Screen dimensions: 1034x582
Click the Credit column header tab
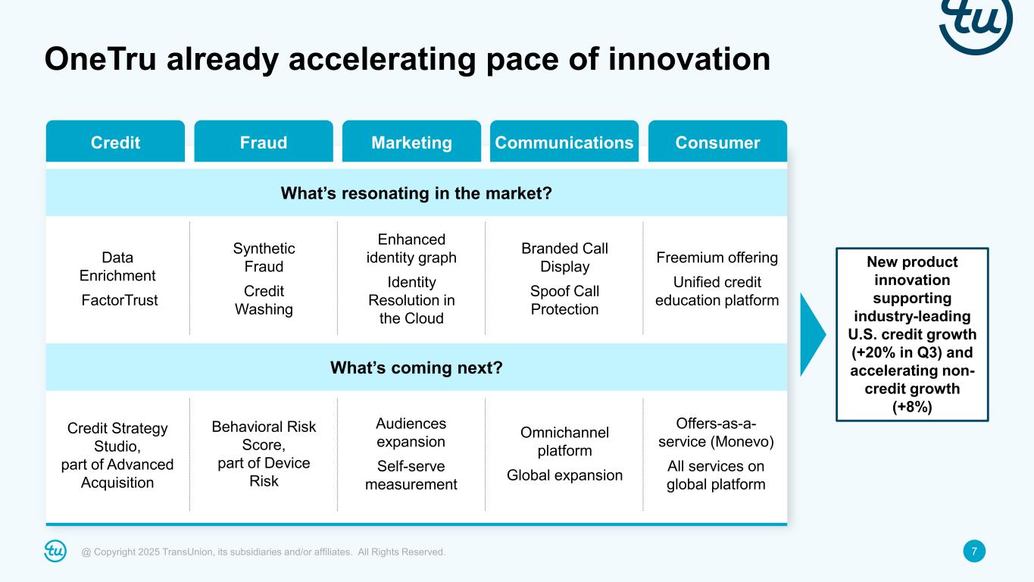click(115, 142)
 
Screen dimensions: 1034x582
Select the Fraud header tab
click(264, 142)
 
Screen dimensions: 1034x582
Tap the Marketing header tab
click(411, 142)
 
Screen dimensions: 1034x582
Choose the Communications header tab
click(564, 142)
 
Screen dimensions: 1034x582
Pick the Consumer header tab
click(717, 142)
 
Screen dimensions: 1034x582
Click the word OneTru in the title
click(101, 59)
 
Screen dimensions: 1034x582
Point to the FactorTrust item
click(120, 300)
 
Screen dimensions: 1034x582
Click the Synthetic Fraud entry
click(264, 258)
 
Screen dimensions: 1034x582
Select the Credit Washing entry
click(264, 300)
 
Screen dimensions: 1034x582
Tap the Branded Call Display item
click(564, 258)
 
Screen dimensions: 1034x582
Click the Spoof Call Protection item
click(564, 300)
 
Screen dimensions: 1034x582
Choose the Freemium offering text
click(717, 258)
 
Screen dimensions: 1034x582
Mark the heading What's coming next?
click(417, 368)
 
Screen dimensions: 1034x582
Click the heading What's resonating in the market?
click(417, 193)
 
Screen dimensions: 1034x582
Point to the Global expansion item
click(564, 475)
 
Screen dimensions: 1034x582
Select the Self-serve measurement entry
click(411, 475)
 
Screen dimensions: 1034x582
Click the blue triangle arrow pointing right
click(811, 334)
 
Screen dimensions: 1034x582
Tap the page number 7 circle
click(974, 551)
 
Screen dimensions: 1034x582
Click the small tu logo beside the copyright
click(55, 551)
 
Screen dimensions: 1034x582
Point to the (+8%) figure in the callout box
click(912, 407)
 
